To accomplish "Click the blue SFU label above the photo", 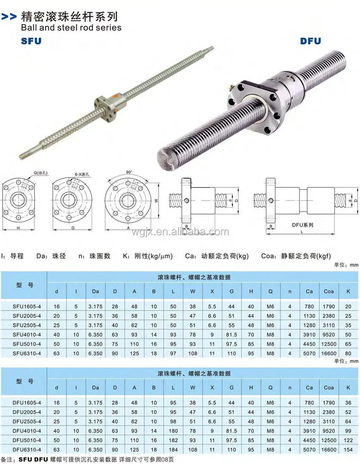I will [31, 42].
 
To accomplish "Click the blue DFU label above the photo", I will [310, 41].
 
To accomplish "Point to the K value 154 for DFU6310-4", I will [348, 449].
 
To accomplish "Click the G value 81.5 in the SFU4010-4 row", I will [232, 334].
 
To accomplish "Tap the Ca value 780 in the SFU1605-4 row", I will [309, 307].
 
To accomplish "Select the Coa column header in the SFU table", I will [329, 292].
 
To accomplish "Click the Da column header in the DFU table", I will [96, 388].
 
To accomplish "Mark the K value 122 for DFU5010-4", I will [348, 440].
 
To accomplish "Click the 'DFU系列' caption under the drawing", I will [302, 225].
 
